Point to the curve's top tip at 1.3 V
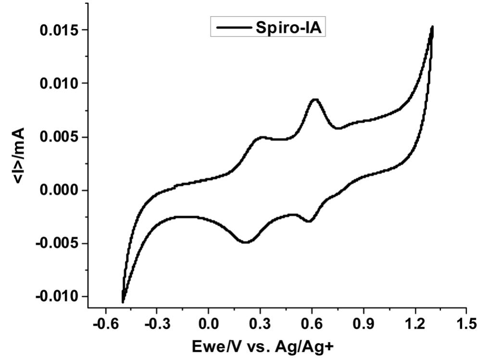[432, 27]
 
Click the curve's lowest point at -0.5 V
[123, 302]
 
